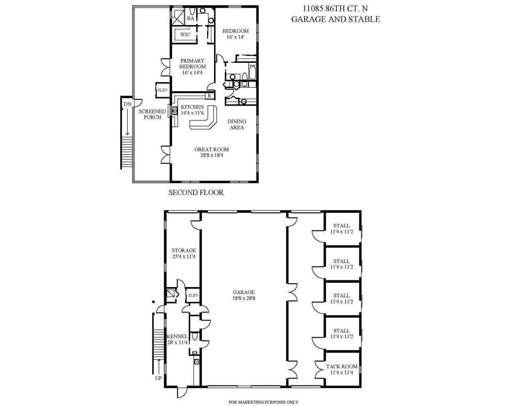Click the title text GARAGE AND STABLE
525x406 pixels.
(x=335, y=19)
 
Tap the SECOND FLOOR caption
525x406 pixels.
(x=196, y=192)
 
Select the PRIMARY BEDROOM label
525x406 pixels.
(x=192, y=64)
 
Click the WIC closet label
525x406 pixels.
(x=185, y=34)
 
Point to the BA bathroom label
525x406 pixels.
(x=191, y=18)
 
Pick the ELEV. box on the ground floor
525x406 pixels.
(x=193, y=295)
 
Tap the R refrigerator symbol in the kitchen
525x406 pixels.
(x=209, y=96)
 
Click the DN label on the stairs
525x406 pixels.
(x=128, y=104)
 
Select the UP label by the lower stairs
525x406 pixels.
(x=158, y=378)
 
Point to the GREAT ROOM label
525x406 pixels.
(x=212, y=149)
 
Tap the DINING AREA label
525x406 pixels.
(x=237, y=124)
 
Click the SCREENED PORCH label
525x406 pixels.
(x=152, y=114)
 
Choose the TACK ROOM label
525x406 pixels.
(x=342, y=367)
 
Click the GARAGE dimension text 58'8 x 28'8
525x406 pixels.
(x=244, y=298)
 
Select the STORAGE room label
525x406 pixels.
(x=184, y=250)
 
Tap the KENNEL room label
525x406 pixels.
(x=177, y=337)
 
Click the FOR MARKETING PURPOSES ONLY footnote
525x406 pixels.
(x=263, y=402)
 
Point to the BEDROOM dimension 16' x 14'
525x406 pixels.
(x=235, y=37)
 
